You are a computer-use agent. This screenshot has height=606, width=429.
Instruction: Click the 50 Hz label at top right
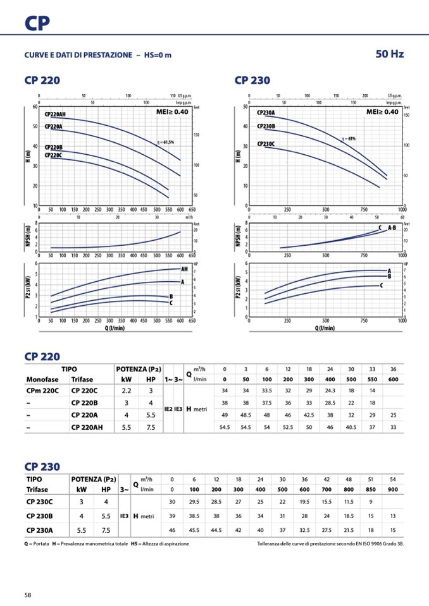pyautogui.click(x=389, y=54)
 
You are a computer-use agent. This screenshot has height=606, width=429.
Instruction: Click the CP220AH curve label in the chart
pyautogui.click(x=55, y=115)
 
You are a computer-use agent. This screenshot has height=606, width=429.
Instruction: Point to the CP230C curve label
pyautogui.click(x=266, y=144)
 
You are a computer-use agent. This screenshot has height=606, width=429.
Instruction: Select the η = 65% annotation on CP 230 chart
pyautogui.click(x=348, y=138)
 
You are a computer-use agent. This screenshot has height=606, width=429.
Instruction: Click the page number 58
pyautogui.click(x=28, y=595)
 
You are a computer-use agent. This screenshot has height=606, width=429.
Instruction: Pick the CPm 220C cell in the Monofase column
pyautogui.click(x=43, y=391)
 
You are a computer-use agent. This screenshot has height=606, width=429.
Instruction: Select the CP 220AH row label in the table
pyautogui.click(x=87, y=427)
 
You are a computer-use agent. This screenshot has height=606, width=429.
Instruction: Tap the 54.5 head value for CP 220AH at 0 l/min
pyautogui.click(x=224, y=427)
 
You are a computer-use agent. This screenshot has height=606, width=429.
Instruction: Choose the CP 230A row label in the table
pyautogui.click(x=40, y=530)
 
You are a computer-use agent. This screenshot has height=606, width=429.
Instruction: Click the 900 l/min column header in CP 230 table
pyautogui.click(x=393, y=489)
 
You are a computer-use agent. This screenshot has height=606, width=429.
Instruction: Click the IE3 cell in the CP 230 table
pyautogui.click(x=124, y=516)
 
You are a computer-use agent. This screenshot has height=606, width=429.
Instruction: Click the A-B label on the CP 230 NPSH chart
pyautogui.click(x=391, y=227)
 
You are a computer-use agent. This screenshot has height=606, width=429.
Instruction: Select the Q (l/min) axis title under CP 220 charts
pyautogui.click(x=115, y=328)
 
